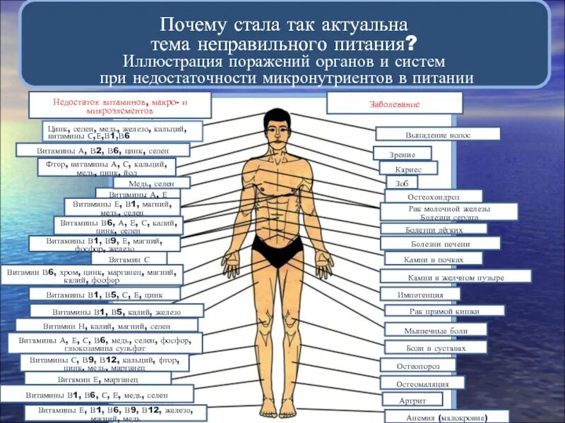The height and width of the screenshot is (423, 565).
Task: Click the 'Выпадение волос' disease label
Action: (438, 134)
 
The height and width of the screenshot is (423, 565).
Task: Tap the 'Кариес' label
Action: (409, 169)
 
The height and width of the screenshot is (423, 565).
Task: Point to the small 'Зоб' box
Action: (402, 183)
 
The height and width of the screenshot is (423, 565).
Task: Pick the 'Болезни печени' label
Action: (440, 244)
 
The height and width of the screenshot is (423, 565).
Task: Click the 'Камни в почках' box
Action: (434, 259)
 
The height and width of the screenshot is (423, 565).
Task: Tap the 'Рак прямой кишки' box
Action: (444, 311)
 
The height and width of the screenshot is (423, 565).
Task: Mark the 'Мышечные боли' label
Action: (435, 330)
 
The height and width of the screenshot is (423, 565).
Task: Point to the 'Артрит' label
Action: (403, 400)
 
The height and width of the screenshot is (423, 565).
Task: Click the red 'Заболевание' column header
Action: (394, 104)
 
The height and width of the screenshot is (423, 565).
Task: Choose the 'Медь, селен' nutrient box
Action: (142, 183)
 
